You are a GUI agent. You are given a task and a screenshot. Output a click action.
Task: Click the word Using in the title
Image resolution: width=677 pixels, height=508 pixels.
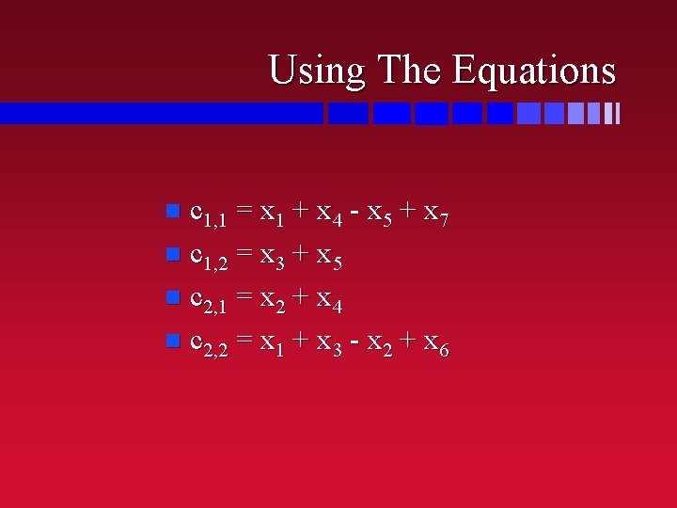(317, 71)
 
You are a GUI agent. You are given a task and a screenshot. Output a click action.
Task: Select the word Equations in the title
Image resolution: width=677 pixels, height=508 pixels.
(534, 71)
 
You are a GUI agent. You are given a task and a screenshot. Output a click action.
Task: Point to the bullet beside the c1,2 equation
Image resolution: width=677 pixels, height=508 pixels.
(171, 254)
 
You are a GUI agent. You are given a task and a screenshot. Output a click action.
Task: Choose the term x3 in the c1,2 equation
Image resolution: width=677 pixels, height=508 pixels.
(273, 257)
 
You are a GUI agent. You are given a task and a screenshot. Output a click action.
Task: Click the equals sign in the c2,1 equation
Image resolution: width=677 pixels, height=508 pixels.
(244, 298)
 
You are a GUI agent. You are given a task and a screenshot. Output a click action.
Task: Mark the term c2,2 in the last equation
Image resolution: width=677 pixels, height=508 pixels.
(208, 345)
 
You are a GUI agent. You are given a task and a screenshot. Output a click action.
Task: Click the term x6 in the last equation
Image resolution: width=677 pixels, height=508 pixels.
(435, 345)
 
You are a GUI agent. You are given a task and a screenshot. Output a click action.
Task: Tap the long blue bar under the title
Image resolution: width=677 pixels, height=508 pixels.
(160, 113)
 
